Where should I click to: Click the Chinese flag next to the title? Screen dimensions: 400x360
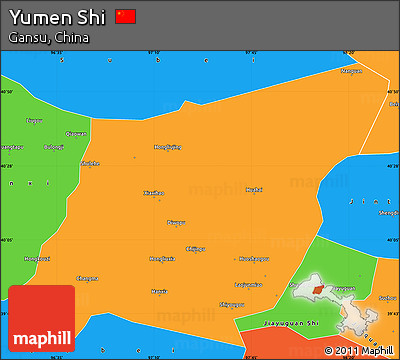click(x=125, y=17)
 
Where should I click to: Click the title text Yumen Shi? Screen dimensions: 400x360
click(x=57, y=17)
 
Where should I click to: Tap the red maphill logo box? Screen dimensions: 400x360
click(x=41, y=318)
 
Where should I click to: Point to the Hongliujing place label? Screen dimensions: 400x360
click(x=167, y=146)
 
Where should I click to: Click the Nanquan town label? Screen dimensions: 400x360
click(x=351, y=71)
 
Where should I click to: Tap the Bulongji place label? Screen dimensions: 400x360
click(x=54, y=147)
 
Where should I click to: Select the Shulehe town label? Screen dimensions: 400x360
click(x=90, y=162)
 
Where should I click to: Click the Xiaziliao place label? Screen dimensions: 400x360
click(x=153, y=192)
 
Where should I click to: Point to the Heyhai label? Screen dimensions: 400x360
click(x=254, y=189)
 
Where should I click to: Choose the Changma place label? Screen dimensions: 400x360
click(x=87, y=278)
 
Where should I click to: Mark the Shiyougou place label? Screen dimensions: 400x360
click(x=231, y=304)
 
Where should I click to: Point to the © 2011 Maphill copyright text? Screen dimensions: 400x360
click(x=359, y=350)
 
